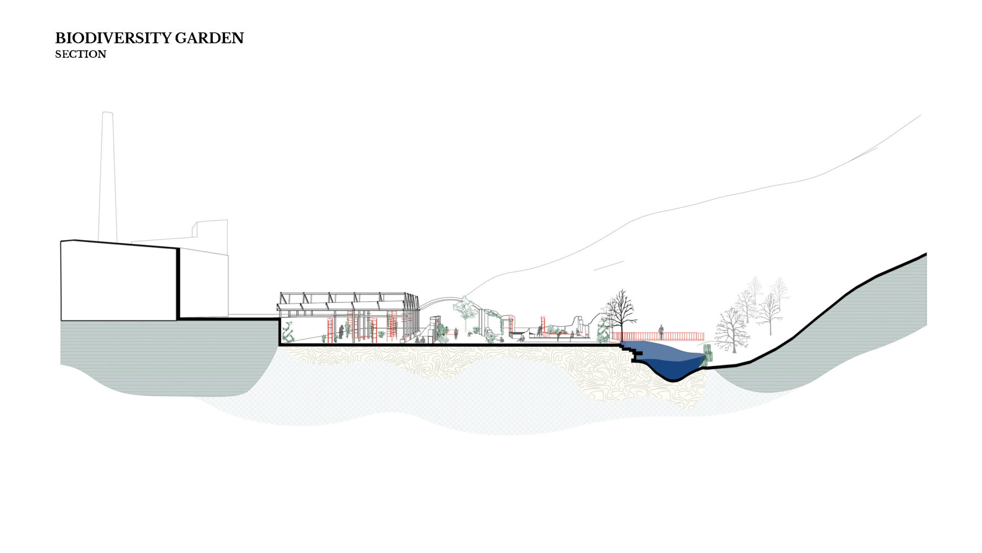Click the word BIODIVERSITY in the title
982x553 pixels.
[113, 38]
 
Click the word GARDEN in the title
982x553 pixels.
[209, 38]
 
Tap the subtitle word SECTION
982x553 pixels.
[81, 54]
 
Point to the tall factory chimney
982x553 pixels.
[107, 177]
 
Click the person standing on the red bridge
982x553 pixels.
[661, 332]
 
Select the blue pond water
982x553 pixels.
[665, 356]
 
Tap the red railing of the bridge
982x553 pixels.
[658, 336]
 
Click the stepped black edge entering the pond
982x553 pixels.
[632, 352]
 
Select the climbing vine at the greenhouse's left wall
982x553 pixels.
[289, 332]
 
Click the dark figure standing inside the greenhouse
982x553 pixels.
[341, 332]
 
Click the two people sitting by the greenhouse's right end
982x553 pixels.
[419, 339]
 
